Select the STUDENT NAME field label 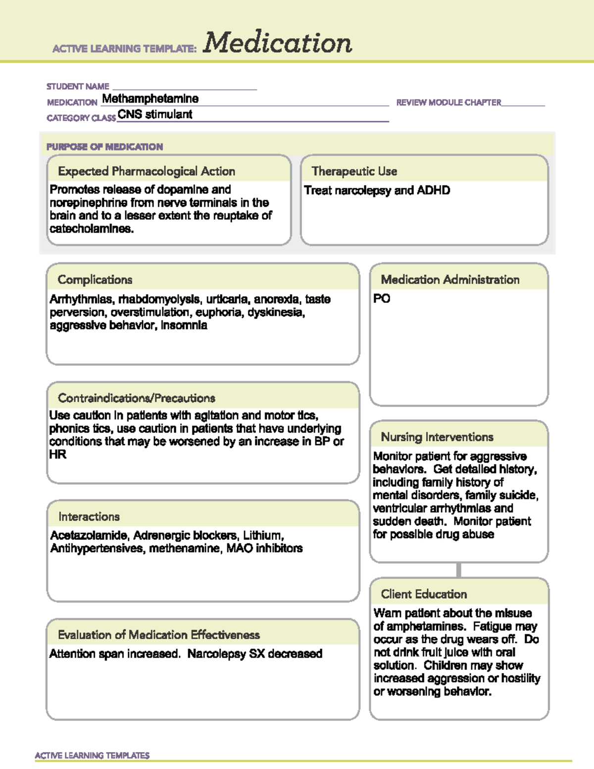tap(78, 87)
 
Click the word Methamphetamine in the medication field tap(150, 99)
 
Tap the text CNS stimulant tap(155, 114)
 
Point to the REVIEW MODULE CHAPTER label tap(448, 103)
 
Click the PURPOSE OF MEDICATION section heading tap(104, 147)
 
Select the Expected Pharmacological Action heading tap(147, 171)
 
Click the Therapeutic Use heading tap(354, 171)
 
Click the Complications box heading tap(95, 280)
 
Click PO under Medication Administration tap(382, 299)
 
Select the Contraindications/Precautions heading tap(137, 398)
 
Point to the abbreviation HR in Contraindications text tap(57, 455)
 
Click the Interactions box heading tap(89, 517)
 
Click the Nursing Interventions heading tap(437, 437)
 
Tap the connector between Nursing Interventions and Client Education tap(459, 570)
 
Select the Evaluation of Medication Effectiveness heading tap(159, 635)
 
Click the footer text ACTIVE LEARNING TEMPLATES tap(92, 756)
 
